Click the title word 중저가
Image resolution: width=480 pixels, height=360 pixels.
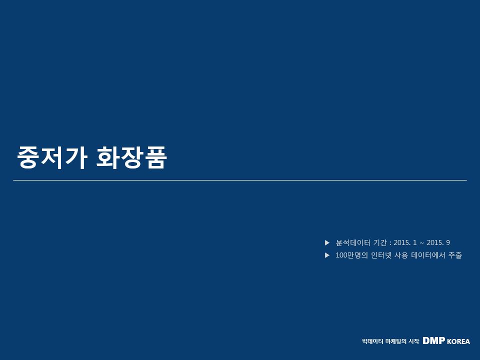(52, 157)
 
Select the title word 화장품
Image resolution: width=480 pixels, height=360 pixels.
(131, 157)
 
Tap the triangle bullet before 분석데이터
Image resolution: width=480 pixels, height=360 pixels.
(327, 243)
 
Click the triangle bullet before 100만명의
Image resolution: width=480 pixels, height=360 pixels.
(327, 255)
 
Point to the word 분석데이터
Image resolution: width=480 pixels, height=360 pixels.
(353, 243)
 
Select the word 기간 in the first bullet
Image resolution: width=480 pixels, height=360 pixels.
(380, 243)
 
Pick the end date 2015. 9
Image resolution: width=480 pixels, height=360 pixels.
(438, 243)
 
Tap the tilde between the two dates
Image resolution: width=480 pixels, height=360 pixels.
(422, 243)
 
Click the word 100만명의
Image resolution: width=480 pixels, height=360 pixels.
(351, 255)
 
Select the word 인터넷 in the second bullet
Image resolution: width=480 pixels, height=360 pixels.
(381, 255)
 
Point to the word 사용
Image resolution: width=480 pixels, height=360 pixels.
(401, 255)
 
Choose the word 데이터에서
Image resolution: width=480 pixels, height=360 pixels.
(428, 255)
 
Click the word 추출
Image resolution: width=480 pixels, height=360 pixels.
(455, 255)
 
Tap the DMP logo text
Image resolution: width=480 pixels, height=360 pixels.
(434, 340)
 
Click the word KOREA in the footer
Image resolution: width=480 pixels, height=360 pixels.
(458, 341)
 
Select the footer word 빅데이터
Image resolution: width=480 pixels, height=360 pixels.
(372, 341)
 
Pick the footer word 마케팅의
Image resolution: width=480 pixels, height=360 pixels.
(396, 341)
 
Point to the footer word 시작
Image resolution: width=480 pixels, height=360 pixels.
(414, 341)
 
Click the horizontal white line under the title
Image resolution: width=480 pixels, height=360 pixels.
(240, 180)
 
